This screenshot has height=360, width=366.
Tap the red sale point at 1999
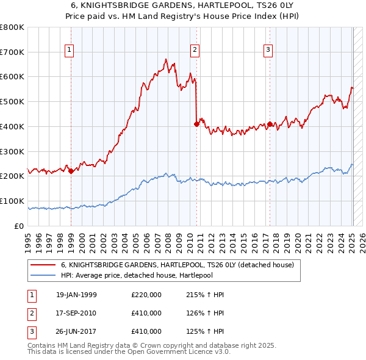[x=71, y=171]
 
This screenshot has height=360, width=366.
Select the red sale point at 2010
[x=196, y=123]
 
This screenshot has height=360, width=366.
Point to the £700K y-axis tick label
[x=12, y=52]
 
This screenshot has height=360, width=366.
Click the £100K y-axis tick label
[x=12, y=201]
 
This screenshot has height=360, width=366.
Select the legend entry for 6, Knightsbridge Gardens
[x=178, y=265]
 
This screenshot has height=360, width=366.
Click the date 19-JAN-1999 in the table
[x=76, y=295]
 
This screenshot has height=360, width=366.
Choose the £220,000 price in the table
[x=146, y=295]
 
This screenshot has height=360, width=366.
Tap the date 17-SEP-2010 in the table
[x=76, y=313]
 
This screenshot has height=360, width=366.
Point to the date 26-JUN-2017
[x=76, y=331]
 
